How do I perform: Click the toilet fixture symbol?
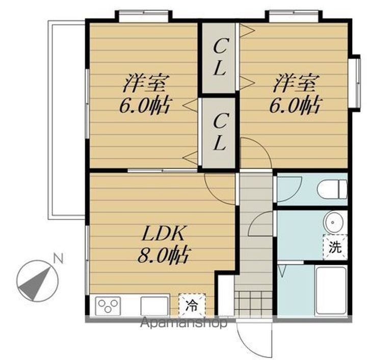point(332,189)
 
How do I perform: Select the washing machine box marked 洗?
point(335,247)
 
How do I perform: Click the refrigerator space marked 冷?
point(192,305)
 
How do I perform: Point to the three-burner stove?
point(108,306)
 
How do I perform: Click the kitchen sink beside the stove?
point(154,306)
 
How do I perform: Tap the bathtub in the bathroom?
point(330,291)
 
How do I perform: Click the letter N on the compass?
point(59,259)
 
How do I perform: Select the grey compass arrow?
point(35,285)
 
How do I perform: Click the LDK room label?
point(163,234)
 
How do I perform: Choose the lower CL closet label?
point(220,132)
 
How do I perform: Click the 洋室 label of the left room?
point(144,83)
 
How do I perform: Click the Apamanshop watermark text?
point(183,323)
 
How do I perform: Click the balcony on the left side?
point(66,120)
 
